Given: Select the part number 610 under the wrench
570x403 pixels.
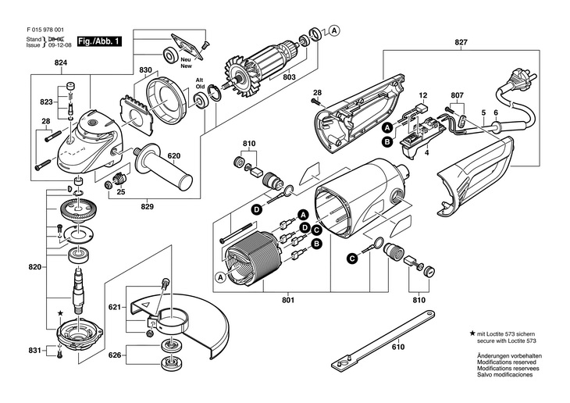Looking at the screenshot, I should [398, 347].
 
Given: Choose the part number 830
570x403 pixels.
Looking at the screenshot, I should [145, 70].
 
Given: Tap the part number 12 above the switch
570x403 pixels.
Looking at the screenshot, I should [422, 96].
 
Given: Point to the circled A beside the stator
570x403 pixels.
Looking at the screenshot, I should [220, 277].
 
